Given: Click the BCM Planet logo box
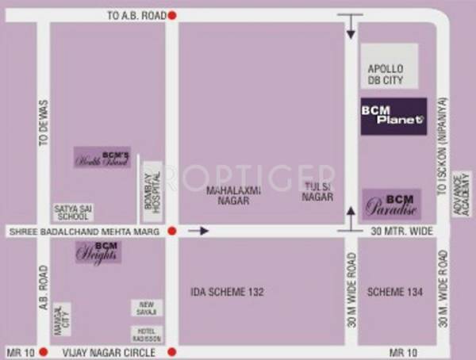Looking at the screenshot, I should (393, 116).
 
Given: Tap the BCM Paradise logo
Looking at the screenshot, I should (391, 204).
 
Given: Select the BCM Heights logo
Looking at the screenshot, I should (98, 252).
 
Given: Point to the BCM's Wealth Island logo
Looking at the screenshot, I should (102, 157).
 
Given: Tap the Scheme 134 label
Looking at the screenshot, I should (390, 292).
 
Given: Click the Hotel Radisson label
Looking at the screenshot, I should (146, 334).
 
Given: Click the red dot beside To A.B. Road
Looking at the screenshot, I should (172, 15).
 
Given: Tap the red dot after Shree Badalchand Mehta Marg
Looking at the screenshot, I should (172, 232).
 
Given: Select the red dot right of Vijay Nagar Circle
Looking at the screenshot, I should (172, 351).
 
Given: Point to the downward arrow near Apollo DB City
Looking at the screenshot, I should (349, 28).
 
